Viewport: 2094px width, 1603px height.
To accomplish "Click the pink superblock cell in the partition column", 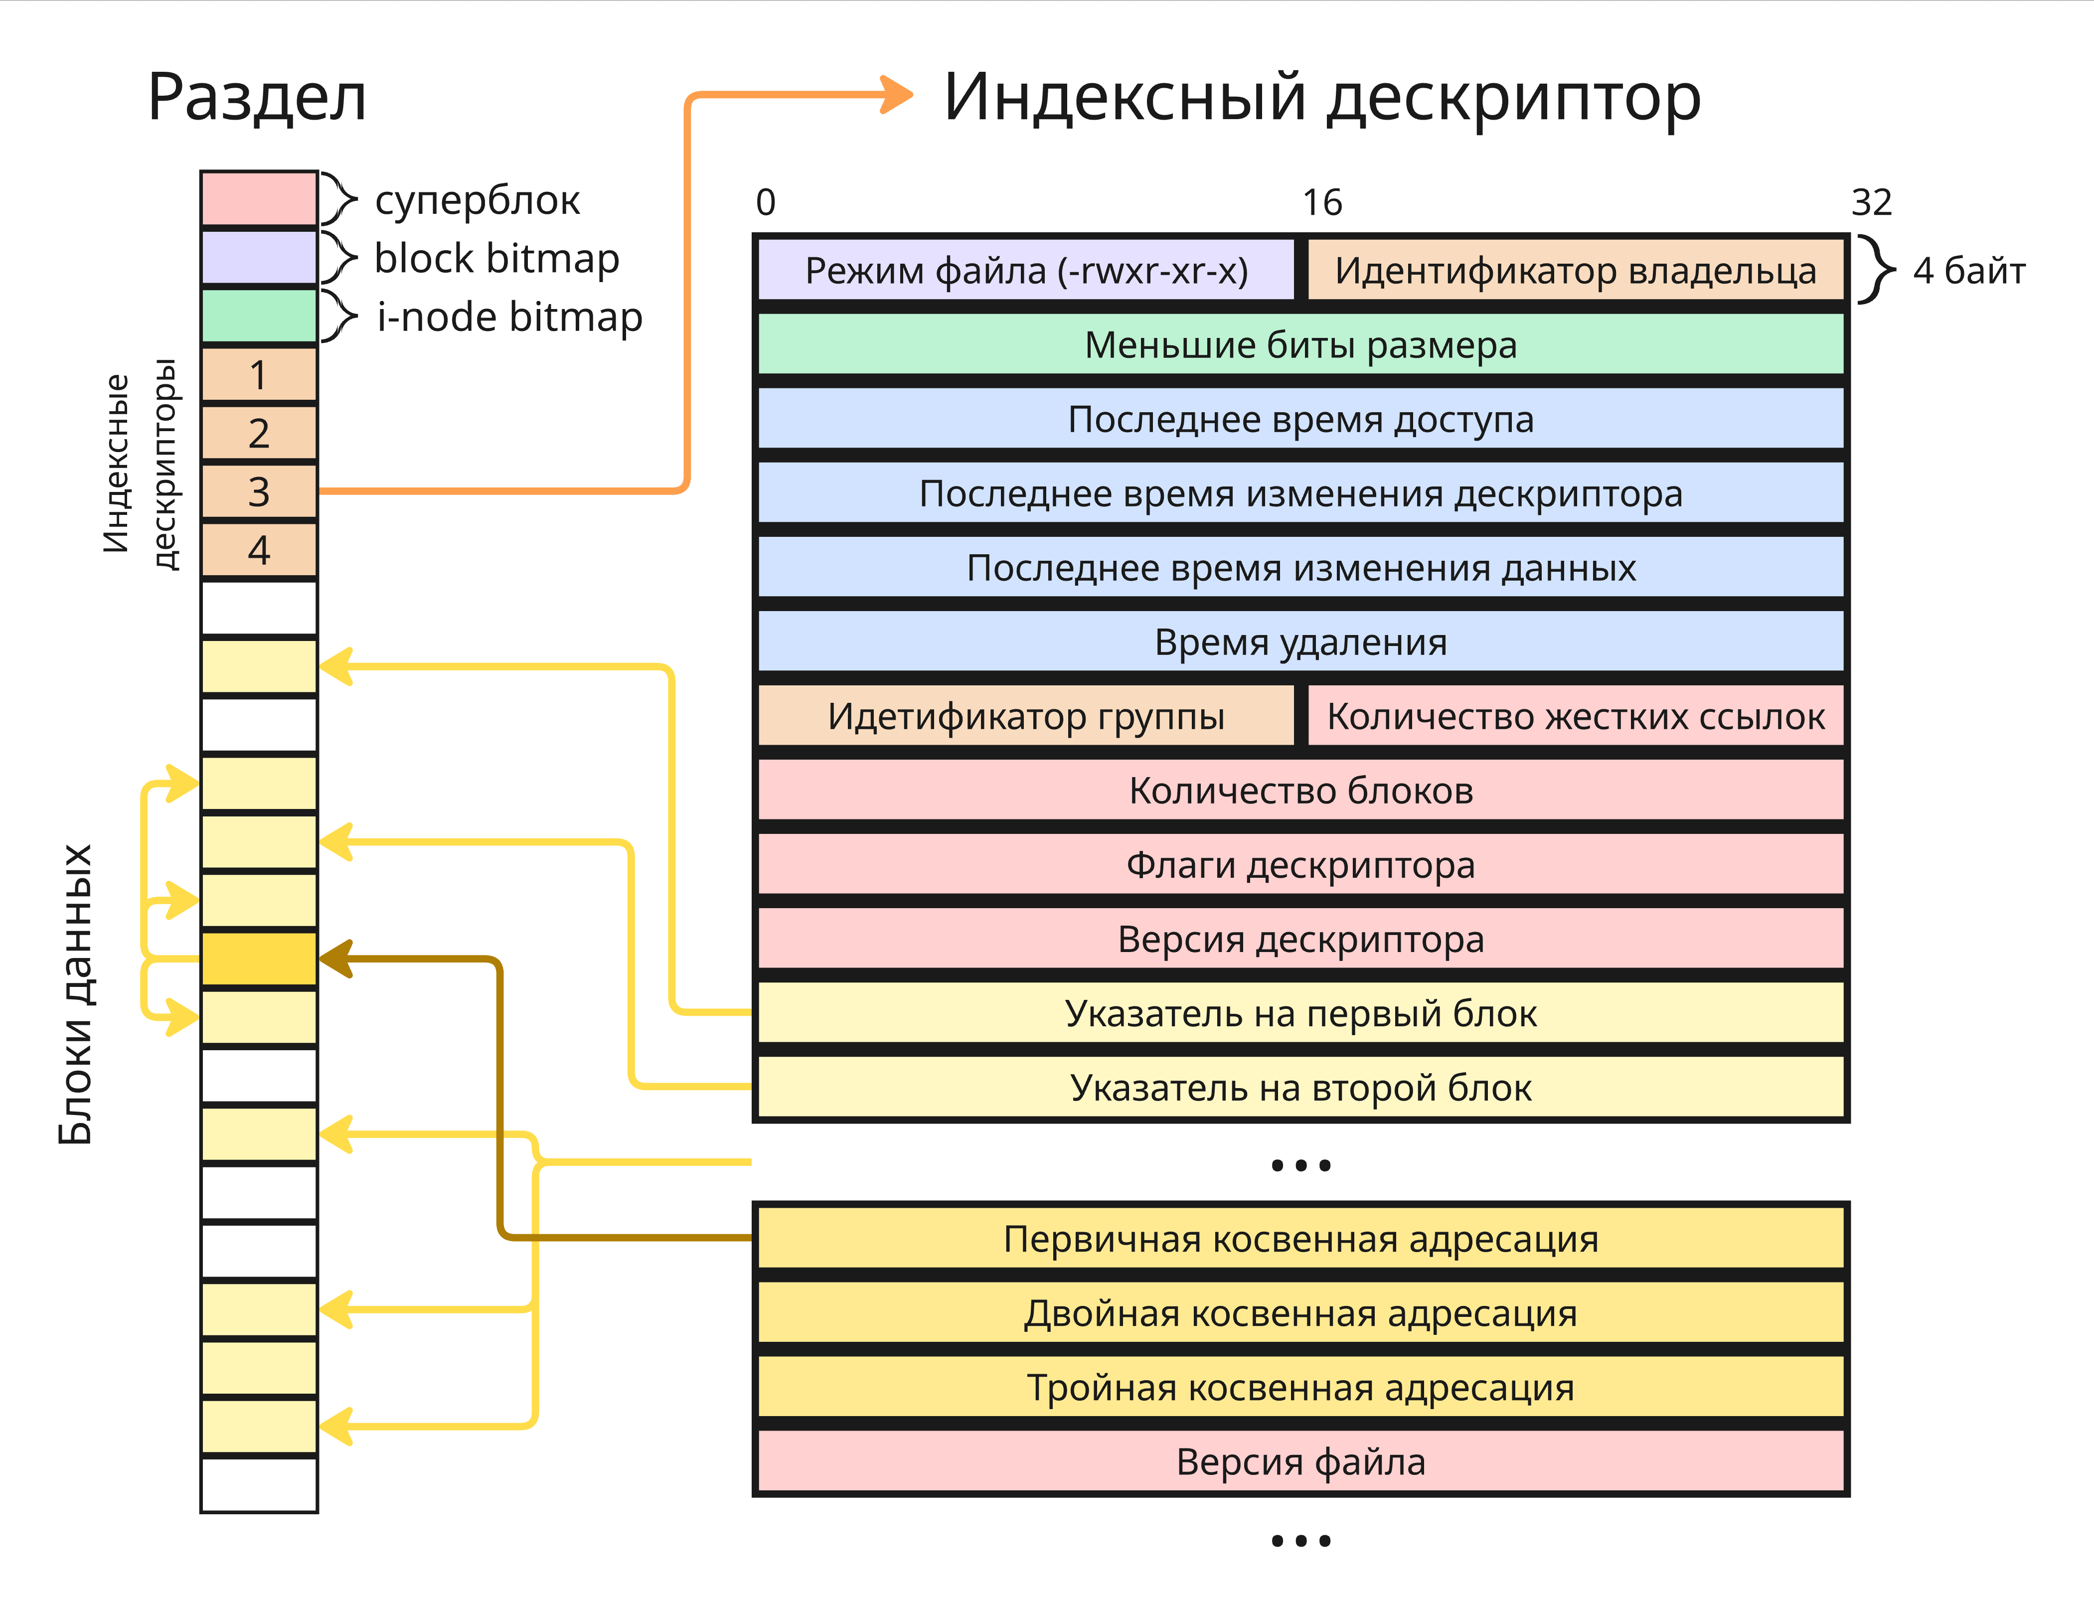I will click(259, 198).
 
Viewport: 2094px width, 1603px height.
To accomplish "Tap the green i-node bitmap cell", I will click(259, 316).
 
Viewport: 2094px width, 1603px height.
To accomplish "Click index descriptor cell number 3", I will click(259, 491).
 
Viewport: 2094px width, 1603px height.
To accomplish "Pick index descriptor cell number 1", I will click(259, 375).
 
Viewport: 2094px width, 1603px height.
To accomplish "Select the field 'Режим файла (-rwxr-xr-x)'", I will click(1026, 271).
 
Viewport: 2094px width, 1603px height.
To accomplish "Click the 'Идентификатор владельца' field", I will click(1575, 271).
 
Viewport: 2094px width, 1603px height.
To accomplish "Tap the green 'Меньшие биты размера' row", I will click(1300, 345).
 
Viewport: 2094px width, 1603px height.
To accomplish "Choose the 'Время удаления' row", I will click(1300, 642).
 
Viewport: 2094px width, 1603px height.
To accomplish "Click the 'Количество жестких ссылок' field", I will click(1575, 717).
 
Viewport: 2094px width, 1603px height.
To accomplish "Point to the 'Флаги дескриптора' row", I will click(1300, 865).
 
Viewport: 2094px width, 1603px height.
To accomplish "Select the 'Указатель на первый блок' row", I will click(1300, 1013).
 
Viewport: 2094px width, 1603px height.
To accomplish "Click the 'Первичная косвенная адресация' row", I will click(1300, 1239).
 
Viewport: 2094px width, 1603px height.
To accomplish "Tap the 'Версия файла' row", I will click(1300, 1462).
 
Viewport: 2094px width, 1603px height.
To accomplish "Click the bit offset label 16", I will click(1322, 202).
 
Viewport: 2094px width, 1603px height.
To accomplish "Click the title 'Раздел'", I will click(258, 97).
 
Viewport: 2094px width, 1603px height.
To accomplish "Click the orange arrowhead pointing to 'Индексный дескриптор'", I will click(897, 95).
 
